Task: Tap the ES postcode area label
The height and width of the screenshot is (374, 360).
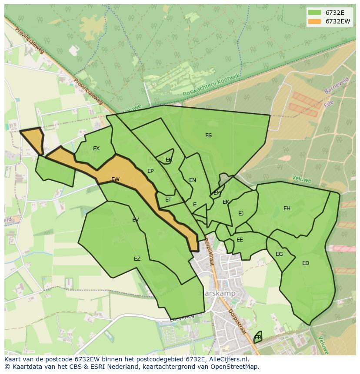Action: tap(208, 136)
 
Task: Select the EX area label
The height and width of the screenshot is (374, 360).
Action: tap(96, 149)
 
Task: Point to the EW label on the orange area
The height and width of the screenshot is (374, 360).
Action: tap(115, 179)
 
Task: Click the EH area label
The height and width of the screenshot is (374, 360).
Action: tap(287, 209)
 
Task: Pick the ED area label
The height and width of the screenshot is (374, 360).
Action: tap(306, 263)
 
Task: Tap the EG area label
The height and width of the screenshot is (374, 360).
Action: tap(279, 254)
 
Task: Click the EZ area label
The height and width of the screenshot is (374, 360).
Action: tap(137, 259)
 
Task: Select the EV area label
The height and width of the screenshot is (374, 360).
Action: tap(135, 220)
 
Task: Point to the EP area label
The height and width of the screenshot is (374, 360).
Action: tap(150, 171)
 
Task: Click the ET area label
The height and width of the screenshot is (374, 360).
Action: tap(168, 200)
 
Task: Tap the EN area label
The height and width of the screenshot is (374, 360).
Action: tap(193, 180)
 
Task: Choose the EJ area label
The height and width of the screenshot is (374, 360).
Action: tap(241, 213)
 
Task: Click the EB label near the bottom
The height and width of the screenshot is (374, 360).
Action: tap(258, 338)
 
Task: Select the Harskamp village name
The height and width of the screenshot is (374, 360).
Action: tap(217, 293)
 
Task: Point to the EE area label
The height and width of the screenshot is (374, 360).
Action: tap(240, 240)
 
